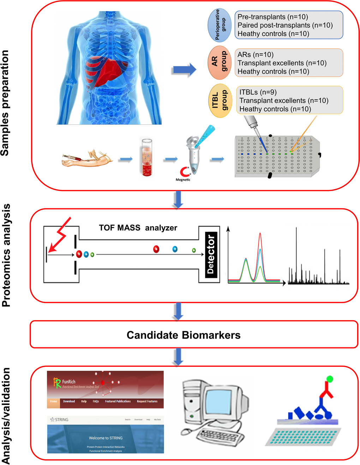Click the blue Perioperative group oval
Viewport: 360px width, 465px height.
(220, 25)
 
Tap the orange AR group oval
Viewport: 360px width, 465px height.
(220, 62)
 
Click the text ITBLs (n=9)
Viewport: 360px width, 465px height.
(258, 92)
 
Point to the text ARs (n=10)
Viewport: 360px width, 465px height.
(256, 55)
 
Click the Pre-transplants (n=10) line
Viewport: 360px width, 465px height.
(272, 17)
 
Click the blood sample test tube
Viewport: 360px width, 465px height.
(147, 157)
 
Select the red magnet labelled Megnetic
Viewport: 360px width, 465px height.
(185, 171)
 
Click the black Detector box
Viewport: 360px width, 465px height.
(211, 255)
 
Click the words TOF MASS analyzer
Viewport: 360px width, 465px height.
(138, 228)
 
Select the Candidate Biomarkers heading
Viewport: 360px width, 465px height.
(184, 335)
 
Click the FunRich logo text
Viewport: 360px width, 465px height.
(68, 382)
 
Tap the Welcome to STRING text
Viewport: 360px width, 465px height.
(106, 438)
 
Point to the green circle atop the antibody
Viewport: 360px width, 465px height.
(330, 379)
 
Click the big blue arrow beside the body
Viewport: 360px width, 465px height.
(184, 70)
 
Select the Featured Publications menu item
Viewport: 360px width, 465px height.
(118, 401)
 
